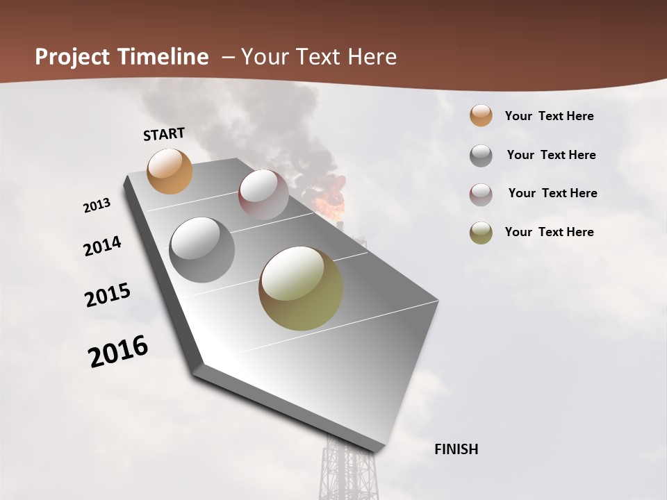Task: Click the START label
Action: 164,134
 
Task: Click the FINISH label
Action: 456,449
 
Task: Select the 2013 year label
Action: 97,206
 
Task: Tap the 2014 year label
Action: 102,247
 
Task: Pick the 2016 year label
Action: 118,351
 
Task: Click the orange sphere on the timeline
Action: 170,171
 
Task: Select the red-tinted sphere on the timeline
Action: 263,194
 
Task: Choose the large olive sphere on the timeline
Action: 301,288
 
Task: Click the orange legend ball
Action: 481,116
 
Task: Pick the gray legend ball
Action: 481,156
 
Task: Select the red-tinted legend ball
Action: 481,194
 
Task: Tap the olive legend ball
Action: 481,233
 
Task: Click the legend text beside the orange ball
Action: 549,116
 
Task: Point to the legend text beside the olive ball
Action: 549,232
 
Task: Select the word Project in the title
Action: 71,57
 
